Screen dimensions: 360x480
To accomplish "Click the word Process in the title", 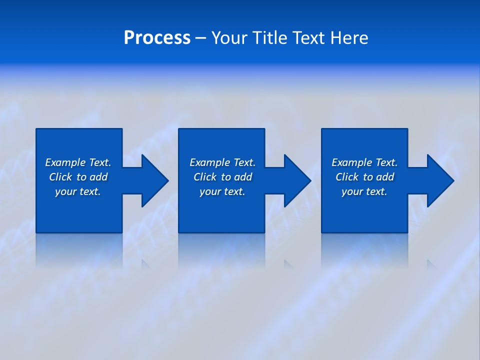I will (157, 38).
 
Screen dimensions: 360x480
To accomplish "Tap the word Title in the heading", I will (272, 38).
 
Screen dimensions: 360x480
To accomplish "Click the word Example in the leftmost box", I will (65, 162).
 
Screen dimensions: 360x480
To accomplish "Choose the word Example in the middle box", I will (210, 162).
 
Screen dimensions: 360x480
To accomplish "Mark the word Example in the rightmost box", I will (352, 162).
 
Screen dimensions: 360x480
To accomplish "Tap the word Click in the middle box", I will (205, 177).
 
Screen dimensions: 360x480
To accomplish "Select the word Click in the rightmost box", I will (347, 177).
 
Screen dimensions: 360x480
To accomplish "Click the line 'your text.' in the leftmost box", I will (78, 191).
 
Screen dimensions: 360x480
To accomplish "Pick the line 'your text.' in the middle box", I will (222, 191).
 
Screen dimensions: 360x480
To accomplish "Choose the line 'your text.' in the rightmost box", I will (364, 191).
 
